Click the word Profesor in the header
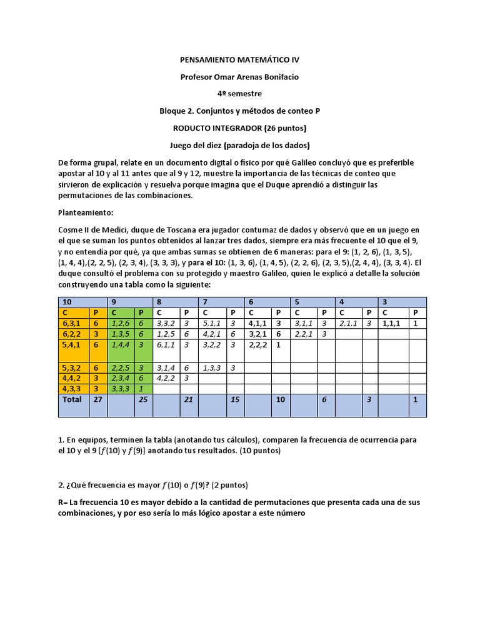[196, 77]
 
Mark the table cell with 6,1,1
[166, 344]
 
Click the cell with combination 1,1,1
[392, 324]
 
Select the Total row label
[72, 399]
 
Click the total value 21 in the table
[187, 399]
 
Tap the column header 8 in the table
[159, 301]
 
